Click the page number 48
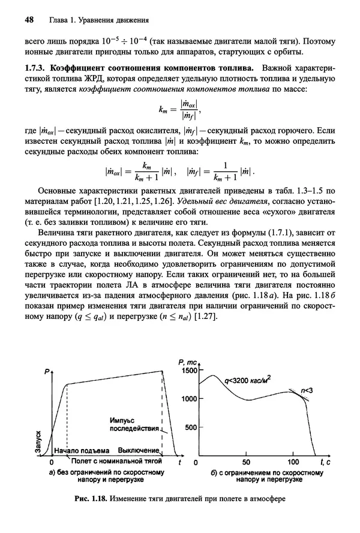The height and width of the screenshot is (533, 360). point(29,20)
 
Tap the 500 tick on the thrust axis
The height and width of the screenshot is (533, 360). point(190,427)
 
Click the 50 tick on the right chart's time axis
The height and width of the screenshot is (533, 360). point(247,462)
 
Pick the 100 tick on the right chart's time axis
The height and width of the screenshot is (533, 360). point(293,462)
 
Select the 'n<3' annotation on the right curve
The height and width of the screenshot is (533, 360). point(307,390)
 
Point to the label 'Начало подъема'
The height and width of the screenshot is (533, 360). point(82,451)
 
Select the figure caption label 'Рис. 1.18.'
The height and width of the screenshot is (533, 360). point(90,498)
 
